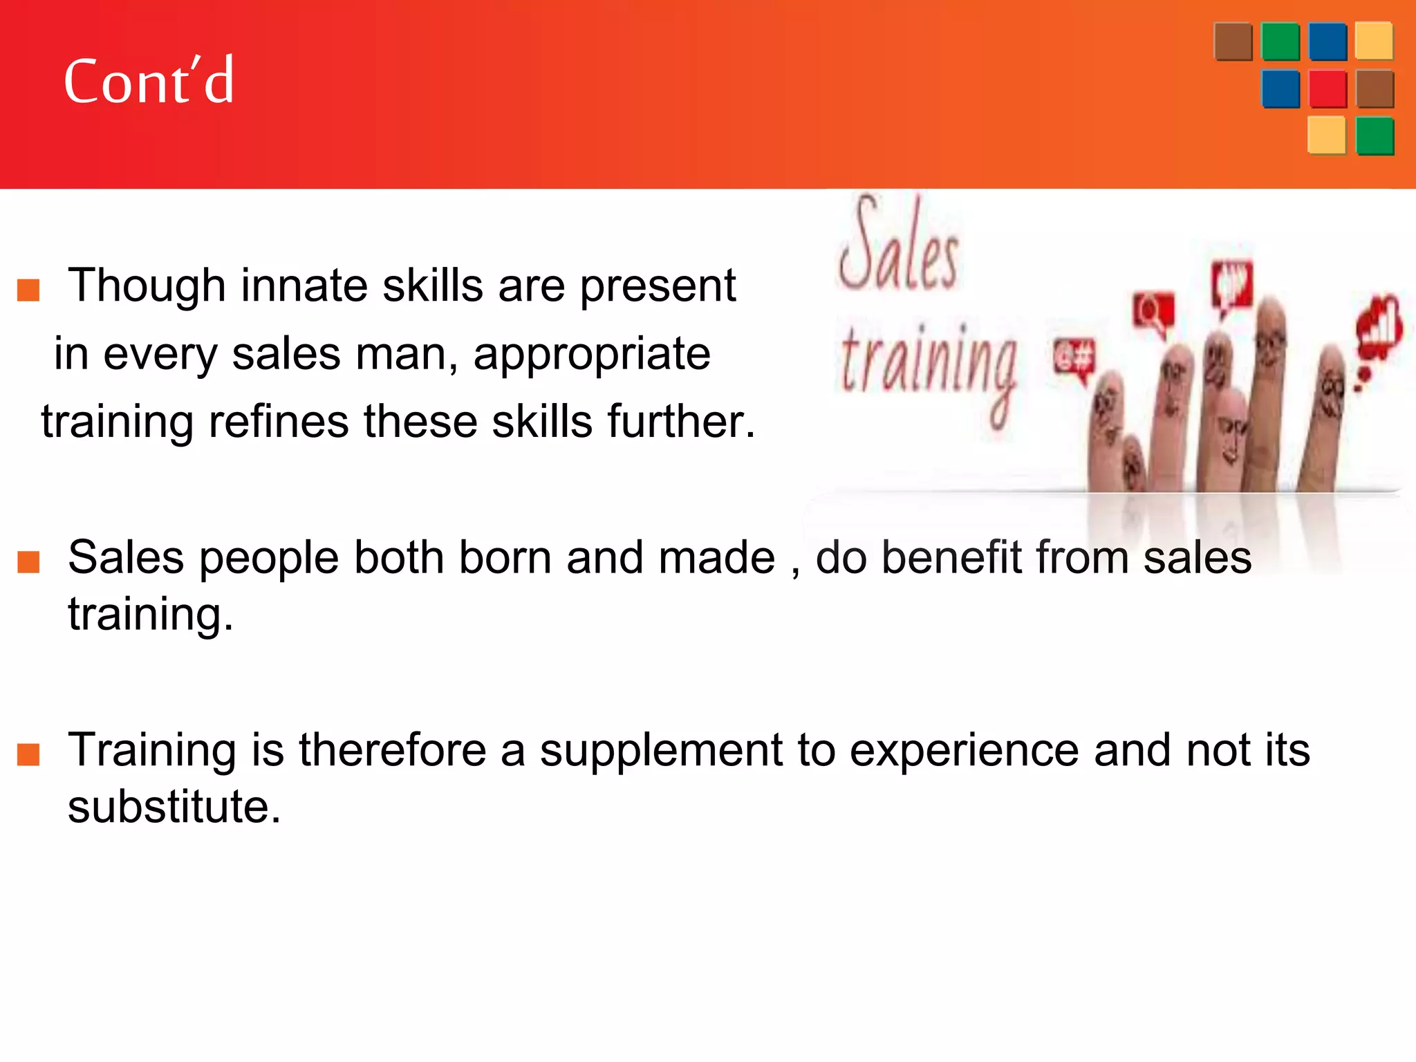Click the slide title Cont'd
[x=149, y=82]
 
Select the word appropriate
[x=592, y=354]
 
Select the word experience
[x=964, y=750]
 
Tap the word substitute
[x=174, y=806]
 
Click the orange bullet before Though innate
[x=28, y=290]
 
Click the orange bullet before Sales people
[x=28, y=562]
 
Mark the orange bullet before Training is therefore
[x=28, y=755]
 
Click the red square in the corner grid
[x=1327, y=89]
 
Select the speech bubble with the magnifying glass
[x=1153, y=313]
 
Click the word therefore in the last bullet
[x=392, y=750]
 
